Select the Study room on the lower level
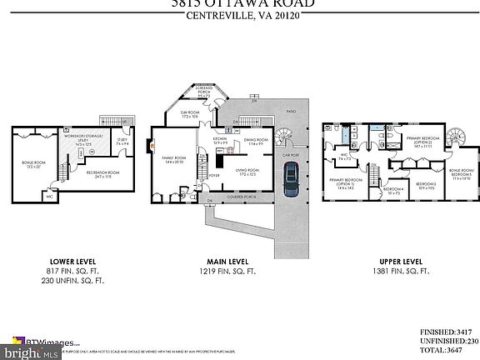(x=122, y=142)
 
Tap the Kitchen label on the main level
(x=220, y=140)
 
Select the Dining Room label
(x=255, y=142)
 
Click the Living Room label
(x=248, y=172)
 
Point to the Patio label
(x=291, y=110)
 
